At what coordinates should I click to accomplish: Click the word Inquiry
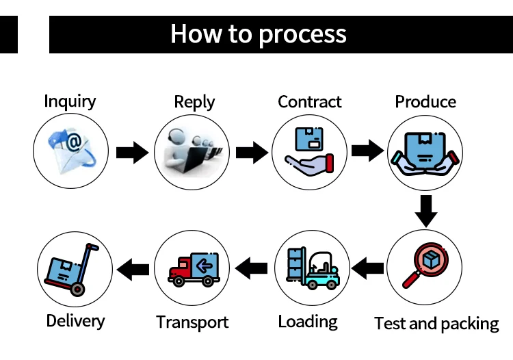[x=70, y=101]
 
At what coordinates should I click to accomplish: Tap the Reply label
[x=194, y=102]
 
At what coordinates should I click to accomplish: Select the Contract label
[x=309, y=102]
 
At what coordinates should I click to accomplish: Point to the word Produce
[x=425, y=102]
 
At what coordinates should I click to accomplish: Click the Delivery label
[x=75, y=321]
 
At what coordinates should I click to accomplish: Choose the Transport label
[x=192, y=322]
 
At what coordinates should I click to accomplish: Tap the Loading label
[x=308, y=322]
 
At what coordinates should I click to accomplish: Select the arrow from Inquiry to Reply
[x=132, y=153]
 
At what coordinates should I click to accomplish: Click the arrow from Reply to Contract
[x=252, y=153]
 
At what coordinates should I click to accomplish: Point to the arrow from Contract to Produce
[x=368, y=151]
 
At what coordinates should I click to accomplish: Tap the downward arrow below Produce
[x=426, y=211]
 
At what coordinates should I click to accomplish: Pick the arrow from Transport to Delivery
[x=133, y=270]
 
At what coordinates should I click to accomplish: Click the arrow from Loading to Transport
[x=251, y=268]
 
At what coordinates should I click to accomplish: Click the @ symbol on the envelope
[x=75, y=142]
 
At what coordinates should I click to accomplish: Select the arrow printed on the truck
[x=205, y=266]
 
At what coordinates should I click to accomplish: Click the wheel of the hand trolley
[x=77, y=290]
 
